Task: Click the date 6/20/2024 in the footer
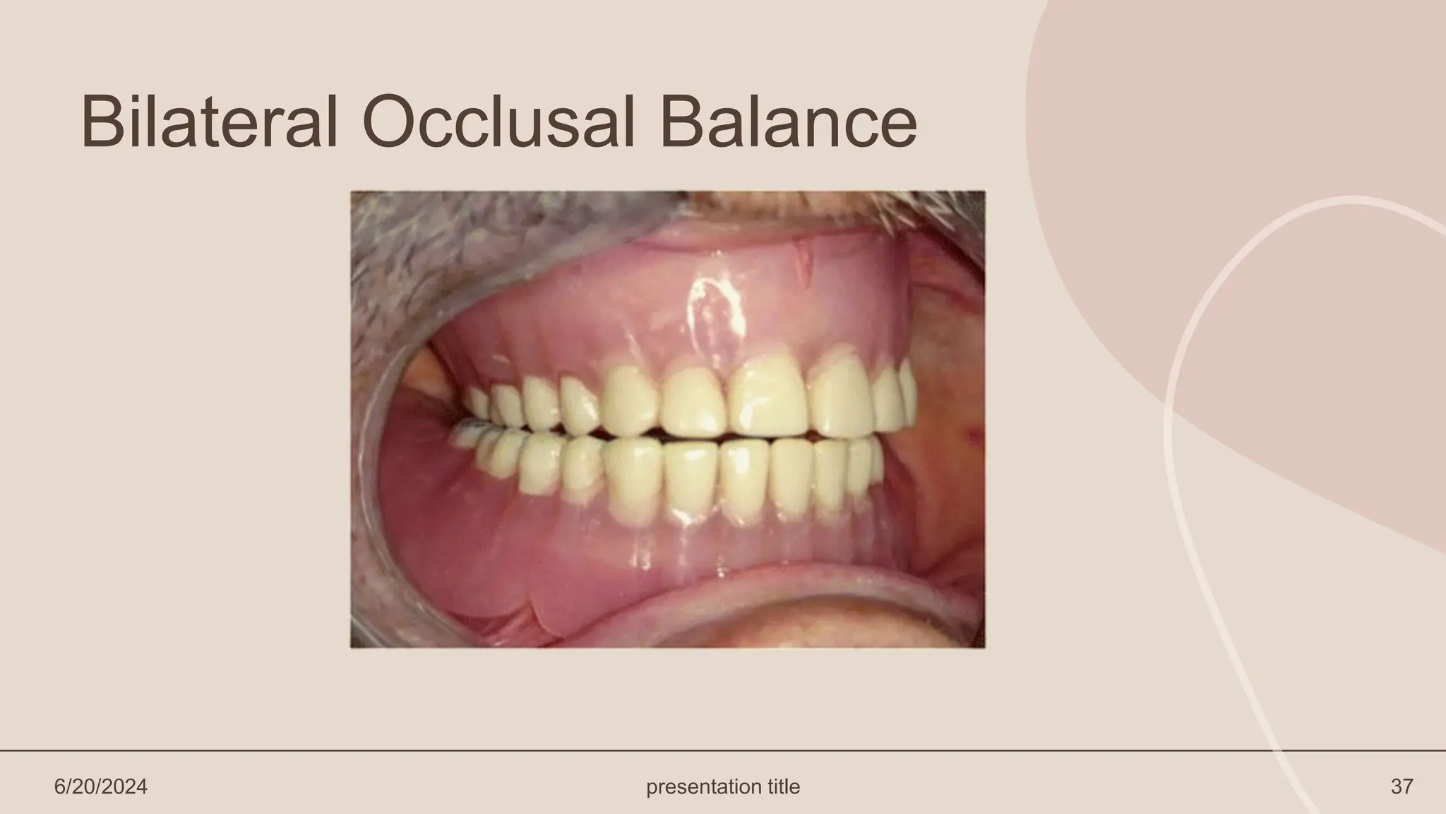(x=101, y=786)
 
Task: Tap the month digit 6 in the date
(x=59, y=786)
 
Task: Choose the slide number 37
(x=1402, y=786)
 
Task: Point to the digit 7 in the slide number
(x=1407, y=786)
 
